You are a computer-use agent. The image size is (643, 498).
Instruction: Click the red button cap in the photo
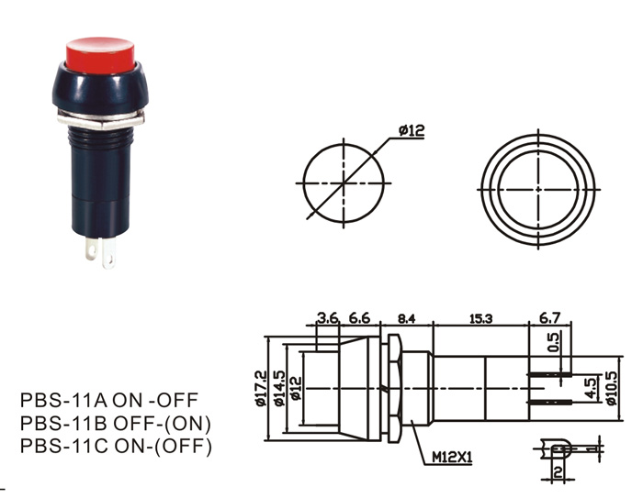pyautogui.click(x=102, y=53)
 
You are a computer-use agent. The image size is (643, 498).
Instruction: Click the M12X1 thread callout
pyautogui.click(x=452, y=456)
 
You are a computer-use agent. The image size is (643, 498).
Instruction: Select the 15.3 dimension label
pyautogui.click(x=480, y=318)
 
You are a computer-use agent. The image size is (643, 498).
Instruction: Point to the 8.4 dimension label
pyautogui.click(x=406, y=318)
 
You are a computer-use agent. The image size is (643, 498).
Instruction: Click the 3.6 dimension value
pyautogui.click(x=329, y=318)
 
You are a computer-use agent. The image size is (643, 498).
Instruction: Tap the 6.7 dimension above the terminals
pyautogui.click(x=549, y=318)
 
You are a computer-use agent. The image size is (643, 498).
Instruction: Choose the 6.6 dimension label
pyautogui.click(x=359, y=318)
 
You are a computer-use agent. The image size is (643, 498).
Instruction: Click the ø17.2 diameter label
pyautogui.click(x=260, y=389)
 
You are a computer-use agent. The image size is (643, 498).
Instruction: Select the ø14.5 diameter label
pyautogui.click(x=279, y=389)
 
